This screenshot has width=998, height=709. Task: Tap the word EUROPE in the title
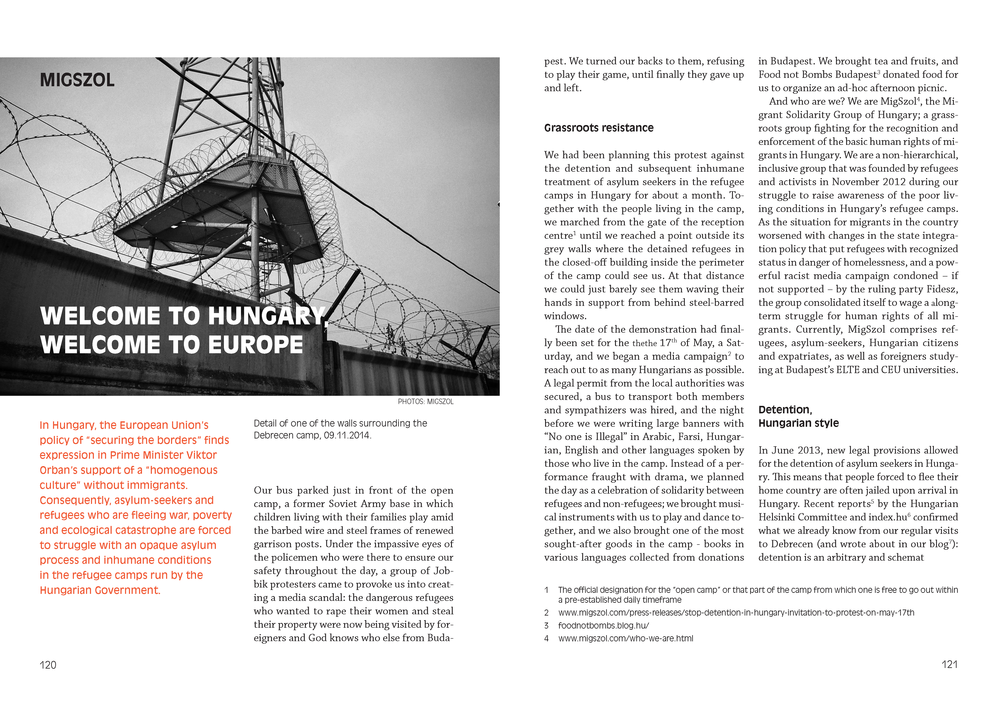tap(255, 345)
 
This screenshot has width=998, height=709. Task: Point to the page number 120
tap(48, 665)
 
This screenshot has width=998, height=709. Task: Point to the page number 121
tap(950, 665)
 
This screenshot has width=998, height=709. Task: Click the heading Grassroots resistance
tap(599, 128)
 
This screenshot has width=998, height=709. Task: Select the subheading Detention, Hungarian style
tap(798, 417)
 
